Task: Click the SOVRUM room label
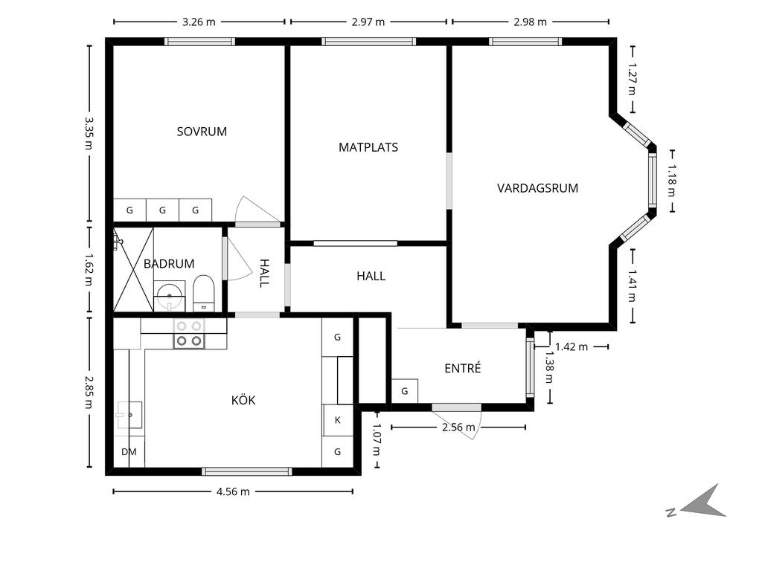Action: point(202,132)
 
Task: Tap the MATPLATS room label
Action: point(368,147)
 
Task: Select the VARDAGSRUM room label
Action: point(537,188)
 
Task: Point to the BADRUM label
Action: point(169,264)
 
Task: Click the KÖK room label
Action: point(243,400)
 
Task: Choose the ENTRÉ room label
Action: point(463,368)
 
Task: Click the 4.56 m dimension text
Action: point(233,491)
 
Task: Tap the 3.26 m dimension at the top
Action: point(199,22)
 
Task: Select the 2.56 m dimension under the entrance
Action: point(458,428)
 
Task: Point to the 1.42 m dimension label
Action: point(571,346)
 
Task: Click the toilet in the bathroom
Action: point(204,293)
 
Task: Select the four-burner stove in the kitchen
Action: point(189,334)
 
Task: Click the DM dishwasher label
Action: point(129,451)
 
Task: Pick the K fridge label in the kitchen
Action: point(338,420)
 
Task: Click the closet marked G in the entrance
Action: point(405,391)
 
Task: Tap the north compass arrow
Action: point(703,502)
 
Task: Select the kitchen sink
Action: point(129,415)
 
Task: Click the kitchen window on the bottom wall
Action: point(247,471)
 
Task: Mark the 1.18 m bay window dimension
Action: point(671,181)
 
